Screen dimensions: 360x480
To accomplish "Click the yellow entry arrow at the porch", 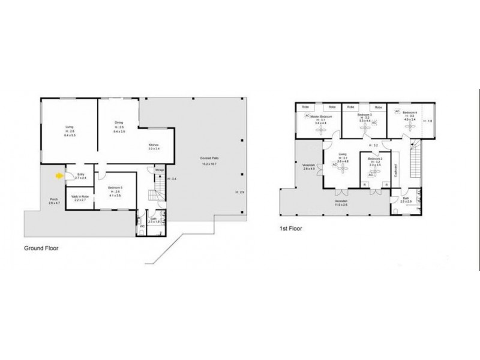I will pos(59,176).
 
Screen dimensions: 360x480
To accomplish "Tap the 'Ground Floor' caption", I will pos(44,247).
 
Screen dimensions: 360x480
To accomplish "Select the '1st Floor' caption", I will pos(290,229).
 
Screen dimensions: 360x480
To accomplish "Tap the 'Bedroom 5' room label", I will pos(115,188).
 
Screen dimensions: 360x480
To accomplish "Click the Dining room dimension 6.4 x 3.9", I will pos(119,131).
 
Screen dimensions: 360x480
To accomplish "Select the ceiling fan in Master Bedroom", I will pos(318,127).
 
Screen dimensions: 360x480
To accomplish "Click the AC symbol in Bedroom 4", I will pos(397,112).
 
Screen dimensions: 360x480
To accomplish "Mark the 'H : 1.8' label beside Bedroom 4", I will pos(427,122).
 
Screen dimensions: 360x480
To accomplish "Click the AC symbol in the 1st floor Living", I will pos(334,165).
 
